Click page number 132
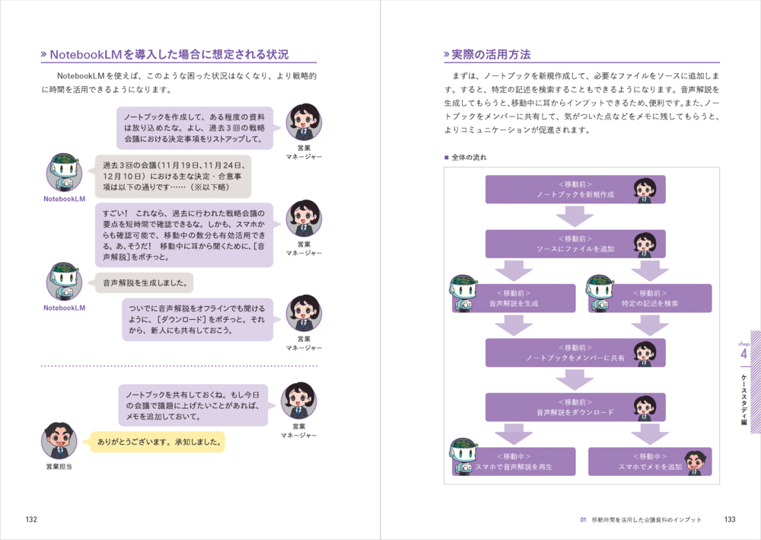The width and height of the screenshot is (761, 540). click(31, 519)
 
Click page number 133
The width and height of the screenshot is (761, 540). click(730, 519)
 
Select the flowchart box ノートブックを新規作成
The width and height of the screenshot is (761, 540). click(575, 190)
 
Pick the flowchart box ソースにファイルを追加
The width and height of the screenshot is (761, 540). click(575, 244)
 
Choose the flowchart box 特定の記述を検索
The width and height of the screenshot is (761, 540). click(649, 298)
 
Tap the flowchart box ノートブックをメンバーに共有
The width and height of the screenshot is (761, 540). click(575, 353)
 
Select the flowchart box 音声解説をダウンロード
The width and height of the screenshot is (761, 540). click(575, 407)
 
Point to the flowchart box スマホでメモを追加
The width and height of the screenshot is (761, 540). click(649, 462)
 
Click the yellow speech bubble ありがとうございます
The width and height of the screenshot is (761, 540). click(158, 441)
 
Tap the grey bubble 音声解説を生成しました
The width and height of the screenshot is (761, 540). click(144, 283)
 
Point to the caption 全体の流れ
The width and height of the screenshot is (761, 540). click(469, 158)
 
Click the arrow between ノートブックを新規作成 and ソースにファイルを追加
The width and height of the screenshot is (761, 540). click(575, 217)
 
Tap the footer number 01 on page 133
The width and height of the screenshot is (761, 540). click(583, 519)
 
